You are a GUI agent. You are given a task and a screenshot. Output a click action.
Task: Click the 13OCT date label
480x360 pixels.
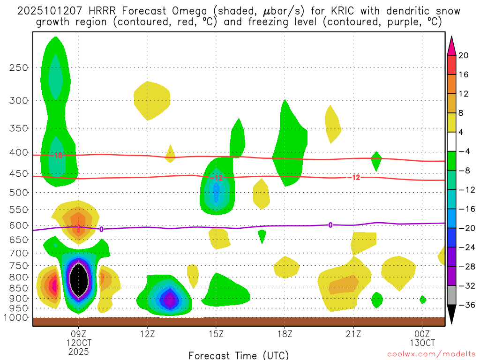point(422,343)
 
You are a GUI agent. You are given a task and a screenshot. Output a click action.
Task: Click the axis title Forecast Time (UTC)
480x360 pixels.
point(239,355)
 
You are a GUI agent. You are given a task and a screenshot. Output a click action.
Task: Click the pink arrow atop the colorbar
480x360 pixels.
point(452,45)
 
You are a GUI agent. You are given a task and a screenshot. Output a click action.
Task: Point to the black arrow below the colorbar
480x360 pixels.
point(452,315)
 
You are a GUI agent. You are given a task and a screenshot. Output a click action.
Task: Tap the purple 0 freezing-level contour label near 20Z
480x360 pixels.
point(330,225)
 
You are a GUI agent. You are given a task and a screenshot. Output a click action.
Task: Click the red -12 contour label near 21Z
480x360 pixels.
point(354,177)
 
